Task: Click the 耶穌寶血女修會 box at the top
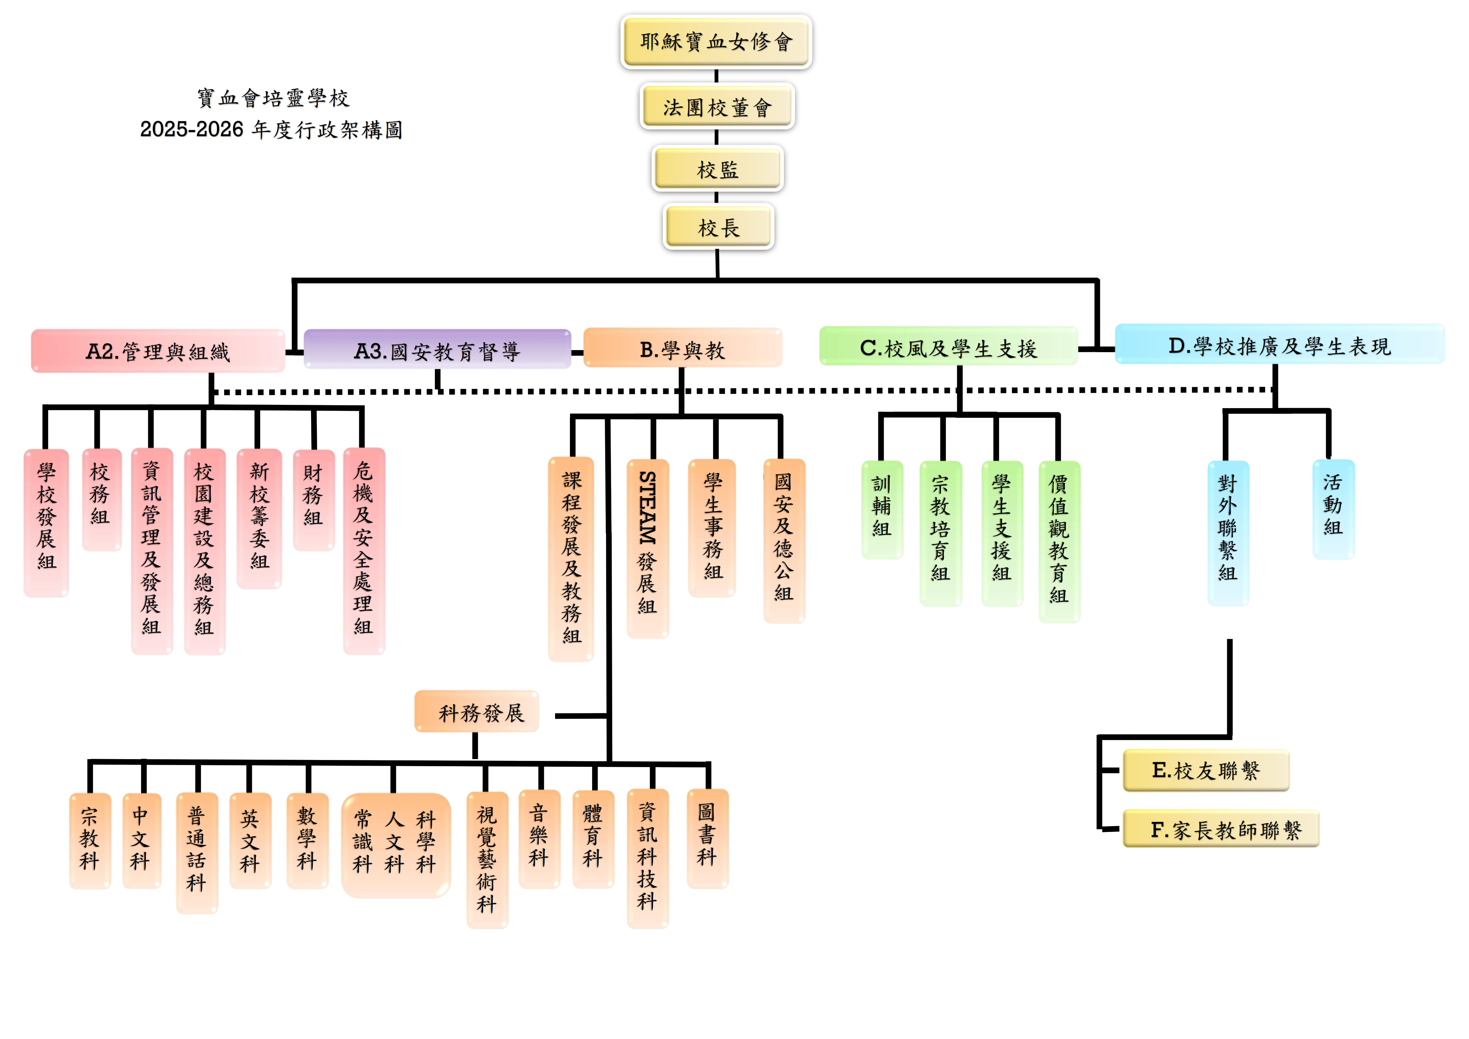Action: click(716, 42)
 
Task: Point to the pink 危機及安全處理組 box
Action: click(364, 551)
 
